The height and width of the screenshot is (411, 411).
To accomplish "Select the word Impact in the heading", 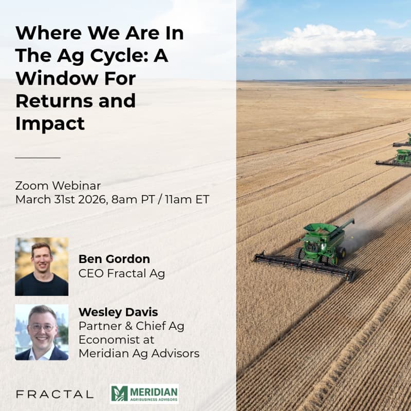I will click(50, 123).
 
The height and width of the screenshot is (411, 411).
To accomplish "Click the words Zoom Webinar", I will click(58, 185).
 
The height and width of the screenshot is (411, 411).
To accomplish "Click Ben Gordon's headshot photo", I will click(42, 267).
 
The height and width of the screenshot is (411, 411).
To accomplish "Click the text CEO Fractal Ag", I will click(122, 273).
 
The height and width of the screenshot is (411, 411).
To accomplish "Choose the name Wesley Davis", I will click(118, 311).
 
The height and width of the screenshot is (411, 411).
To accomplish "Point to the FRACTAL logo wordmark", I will click(54, 395).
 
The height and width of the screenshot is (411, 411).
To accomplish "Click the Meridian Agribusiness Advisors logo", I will click(144, 394).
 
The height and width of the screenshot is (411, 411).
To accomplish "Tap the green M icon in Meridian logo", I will click(119, 394).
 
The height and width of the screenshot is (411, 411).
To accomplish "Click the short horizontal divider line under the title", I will click(38, 158).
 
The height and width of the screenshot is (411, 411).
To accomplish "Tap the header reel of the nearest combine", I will click(303, 265).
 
